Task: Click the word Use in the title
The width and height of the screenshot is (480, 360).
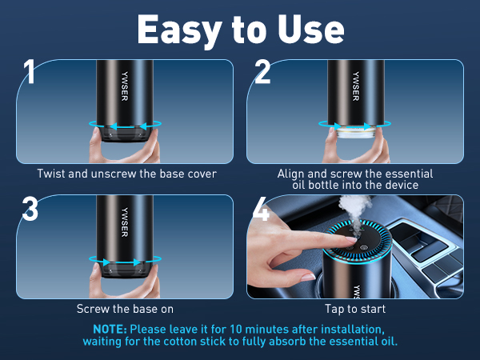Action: click(x=311, y=29)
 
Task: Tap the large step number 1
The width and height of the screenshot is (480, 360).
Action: click(x=29, y=71)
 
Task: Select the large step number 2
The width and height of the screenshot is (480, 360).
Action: click(x=262, y=72)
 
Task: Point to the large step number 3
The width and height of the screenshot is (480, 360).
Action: click(x=30, y=209)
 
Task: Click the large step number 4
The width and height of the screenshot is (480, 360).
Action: click(x=261, y=209)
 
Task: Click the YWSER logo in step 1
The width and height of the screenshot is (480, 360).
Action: click(x=124, y=86)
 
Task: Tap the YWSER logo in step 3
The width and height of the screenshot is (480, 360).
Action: click(x=124, y=222)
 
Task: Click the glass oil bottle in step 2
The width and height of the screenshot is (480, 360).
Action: click(x=356, y=132)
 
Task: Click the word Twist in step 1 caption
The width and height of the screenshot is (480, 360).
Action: click(x=51, y=174)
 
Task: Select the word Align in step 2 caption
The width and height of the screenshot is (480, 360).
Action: click(x=291, y=174)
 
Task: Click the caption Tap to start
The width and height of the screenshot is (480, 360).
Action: click(x=355, y=309)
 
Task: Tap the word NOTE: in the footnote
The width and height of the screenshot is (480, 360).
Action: click(x=110, y=329)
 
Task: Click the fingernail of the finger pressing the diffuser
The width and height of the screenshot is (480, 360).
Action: click(x=351, y=239)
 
